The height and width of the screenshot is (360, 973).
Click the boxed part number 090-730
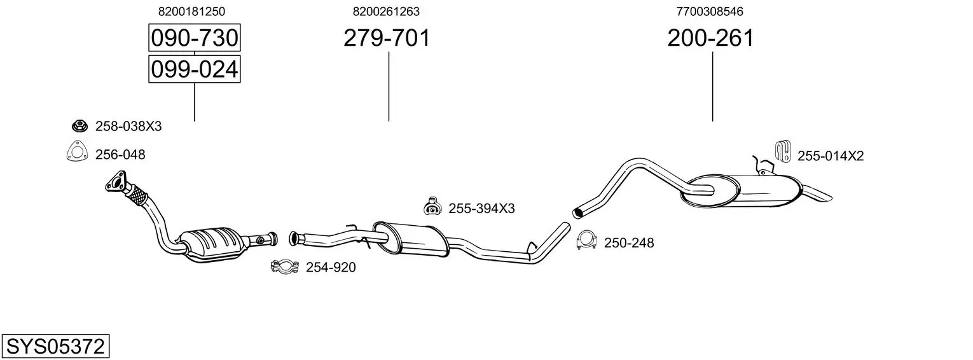pyautogui.click(x=195, y=38)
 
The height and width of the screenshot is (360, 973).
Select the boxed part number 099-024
pyautogui.click(x=195, y=69)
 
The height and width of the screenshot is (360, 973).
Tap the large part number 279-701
pyautogui.click(x=387, y=38)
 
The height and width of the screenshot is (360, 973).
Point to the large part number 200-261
pyautogui.click(x=710, y=38)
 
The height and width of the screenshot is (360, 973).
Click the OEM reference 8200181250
pyautogui.click(x=191, y=11)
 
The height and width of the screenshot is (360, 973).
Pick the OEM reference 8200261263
pyautogui.click(x=386, y=11)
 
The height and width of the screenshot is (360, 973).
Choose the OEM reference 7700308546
pyautogui.click(x=710, y=11)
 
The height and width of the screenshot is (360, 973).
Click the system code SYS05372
pyautogui.click(x=55, y=347)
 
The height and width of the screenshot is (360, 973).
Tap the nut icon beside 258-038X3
pyautogui.click(x=79, y=126)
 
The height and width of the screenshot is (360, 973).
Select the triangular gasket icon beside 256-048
pyautogui.click(x=77, y=151)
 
